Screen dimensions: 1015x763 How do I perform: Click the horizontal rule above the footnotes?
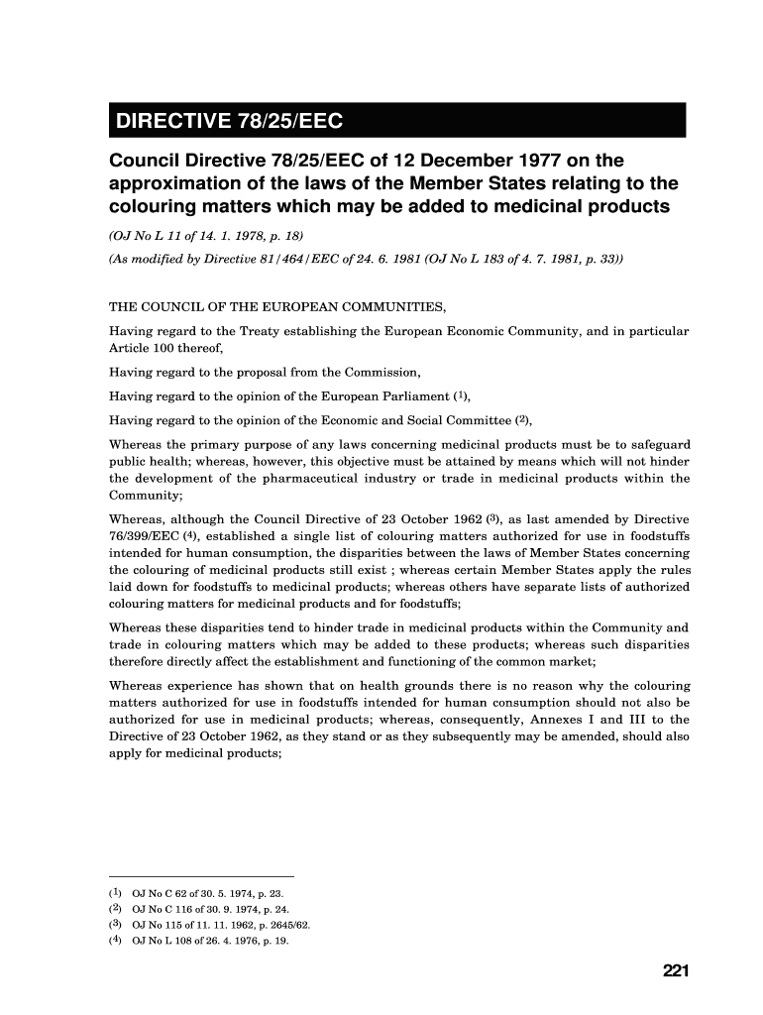click(201, 876)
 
